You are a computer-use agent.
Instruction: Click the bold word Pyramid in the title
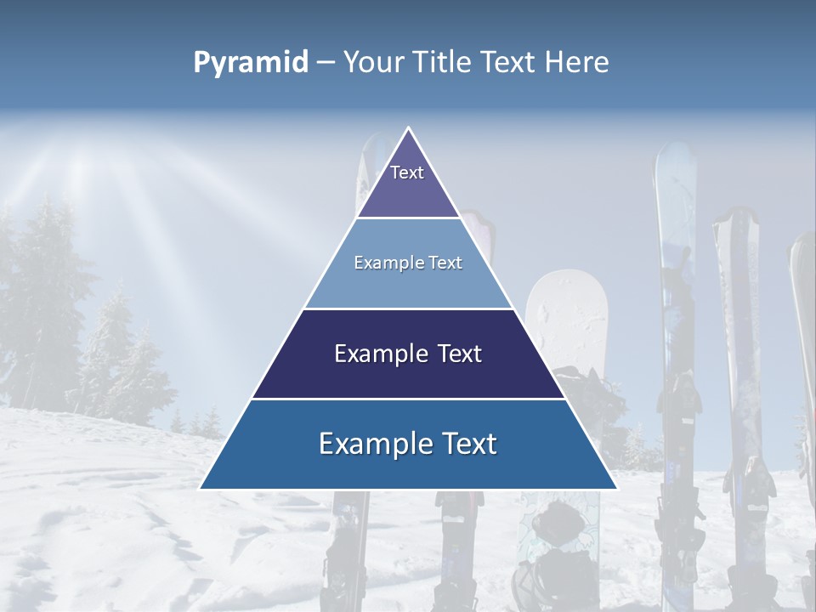pyautogui.click(x=251, y=62)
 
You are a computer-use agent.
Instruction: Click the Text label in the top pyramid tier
pyautogui.click(x=407, y=173)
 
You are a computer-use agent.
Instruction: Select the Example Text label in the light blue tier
pyautogui.click(x=408, y=263)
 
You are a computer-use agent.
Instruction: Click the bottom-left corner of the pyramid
pyautogui.click(x=201, y=488)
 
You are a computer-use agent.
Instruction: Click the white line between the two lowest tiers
pyautogui.click(x=408, y=399)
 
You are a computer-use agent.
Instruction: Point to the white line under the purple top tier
pyautogui.click(x=408, y=218)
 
